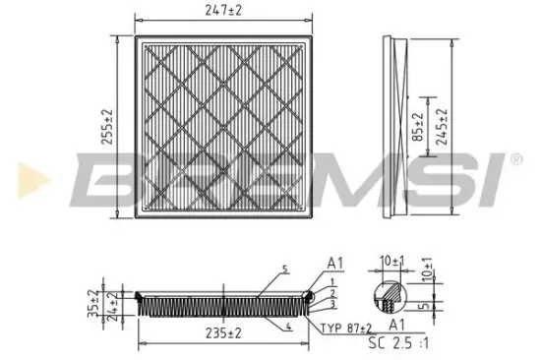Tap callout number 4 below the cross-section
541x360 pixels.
[289, 327]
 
